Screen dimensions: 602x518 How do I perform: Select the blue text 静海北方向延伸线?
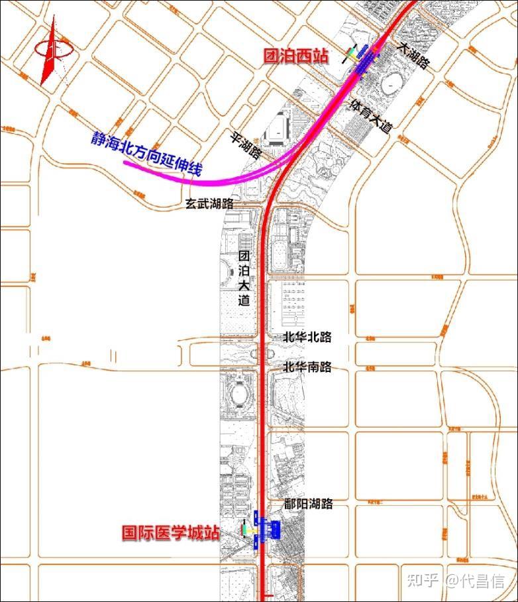coord(146,154)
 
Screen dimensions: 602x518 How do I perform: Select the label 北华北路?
coord(307,337)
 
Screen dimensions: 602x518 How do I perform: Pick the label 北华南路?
coord(307,367)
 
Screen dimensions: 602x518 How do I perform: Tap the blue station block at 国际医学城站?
coord(270,528)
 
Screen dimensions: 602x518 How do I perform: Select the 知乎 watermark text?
coord(423,581)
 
